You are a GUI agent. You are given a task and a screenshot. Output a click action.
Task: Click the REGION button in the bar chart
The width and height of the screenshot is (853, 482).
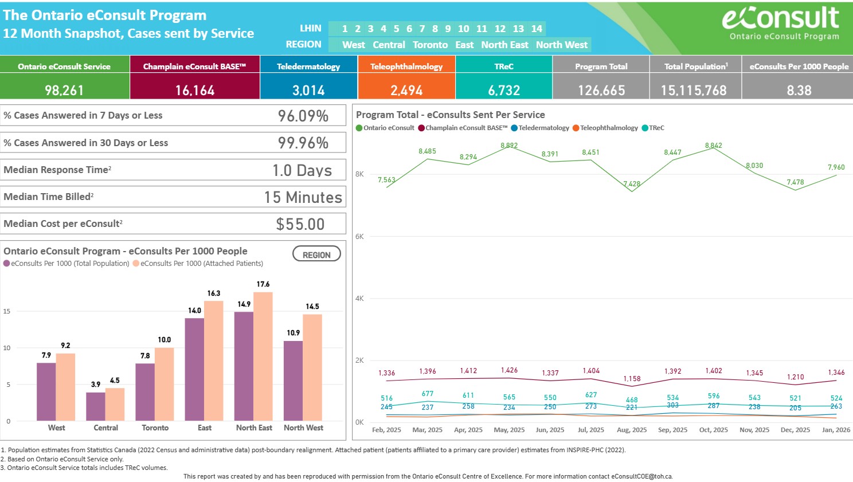pyautogui.click(x=316, y=254)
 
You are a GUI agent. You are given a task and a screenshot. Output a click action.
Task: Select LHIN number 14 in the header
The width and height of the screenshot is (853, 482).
pyautogui.click(x=537, y=29)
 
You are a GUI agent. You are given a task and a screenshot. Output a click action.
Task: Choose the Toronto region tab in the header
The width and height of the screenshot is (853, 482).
pyautogui.click(x=430, y=45)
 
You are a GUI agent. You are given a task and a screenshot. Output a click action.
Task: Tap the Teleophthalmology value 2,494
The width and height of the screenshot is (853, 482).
pyautogui.click(x=406, y=91)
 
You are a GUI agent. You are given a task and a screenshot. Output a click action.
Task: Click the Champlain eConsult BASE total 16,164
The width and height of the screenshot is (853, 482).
pyautogui.click(x=195, y=91)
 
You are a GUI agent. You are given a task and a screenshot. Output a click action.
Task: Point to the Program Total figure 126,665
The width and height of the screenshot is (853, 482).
pyautogui.click(x=601, y=91)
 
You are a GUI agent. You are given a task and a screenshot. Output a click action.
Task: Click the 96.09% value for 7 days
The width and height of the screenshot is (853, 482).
pyautogui.click(x=303, y=116)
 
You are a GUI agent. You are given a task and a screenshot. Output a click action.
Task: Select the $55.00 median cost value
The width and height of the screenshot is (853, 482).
pyautogui.click(x=300, y=224)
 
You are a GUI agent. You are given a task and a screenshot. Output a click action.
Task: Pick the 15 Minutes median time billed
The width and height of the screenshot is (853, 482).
pyautogui.click(x=303, y=197)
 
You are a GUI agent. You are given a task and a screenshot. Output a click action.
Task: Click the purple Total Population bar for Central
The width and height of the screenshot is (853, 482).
pyautogui.click(x=96, y=406)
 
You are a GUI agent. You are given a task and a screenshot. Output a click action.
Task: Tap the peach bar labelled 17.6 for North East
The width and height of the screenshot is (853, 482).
pyautogui.click(x=263, y=356)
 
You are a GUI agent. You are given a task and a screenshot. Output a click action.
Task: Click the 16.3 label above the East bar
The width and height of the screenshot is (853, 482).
pyautogui.click(x=214, y=293)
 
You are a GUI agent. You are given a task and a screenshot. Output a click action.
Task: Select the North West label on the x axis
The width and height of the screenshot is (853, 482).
pyautogui.click(x=303, y=428)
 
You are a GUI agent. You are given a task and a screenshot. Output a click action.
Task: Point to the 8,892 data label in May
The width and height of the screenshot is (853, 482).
pyautogui.click(x=509, y=146)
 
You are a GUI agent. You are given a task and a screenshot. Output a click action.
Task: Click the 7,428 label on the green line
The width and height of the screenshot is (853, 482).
pyautogui.click(x=632, y=184)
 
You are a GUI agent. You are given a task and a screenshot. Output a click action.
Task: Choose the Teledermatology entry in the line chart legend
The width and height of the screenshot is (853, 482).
pyautogui.click(x=543, y=128)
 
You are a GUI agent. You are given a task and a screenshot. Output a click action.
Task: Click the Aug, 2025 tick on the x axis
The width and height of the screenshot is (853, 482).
pyautogui.click(x=632, y=430)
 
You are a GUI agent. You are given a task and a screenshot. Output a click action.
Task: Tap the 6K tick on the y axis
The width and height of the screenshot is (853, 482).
pyautogui.click(x=359, y=236)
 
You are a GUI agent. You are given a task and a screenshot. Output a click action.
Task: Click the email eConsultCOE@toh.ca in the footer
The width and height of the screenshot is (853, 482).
pyautogui.click(x=641, y=476)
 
